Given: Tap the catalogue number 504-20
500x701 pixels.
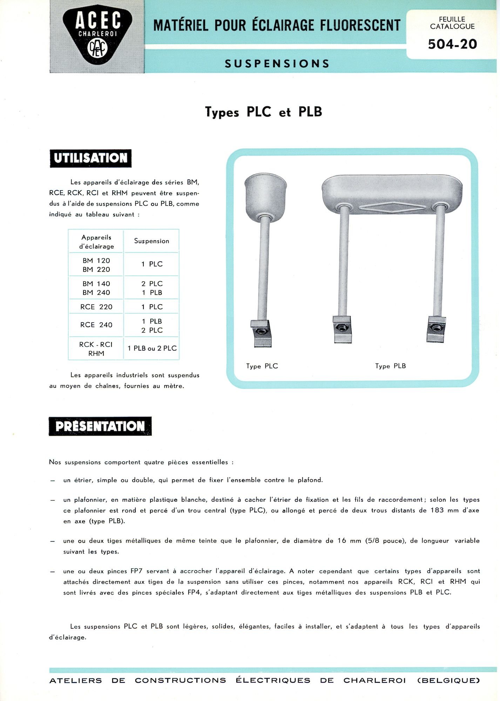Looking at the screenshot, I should coord(452,44).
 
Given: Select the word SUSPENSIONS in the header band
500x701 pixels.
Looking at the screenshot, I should coord(277,63).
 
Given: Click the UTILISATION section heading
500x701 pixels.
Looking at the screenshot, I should coord(90,158).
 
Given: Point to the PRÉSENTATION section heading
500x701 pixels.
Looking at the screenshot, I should coord(100,426).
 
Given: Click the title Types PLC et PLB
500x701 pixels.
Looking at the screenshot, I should coord(263,112).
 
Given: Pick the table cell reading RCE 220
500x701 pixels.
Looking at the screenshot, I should coord(96,307).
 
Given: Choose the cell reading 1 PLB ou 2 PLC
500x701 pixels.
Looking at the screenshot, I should coord(152,348).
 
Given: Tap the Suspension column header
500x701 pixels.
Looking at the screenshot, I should coord(151,241).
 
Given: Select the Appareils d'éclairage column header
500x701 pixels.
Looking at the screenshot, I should coord(96,242).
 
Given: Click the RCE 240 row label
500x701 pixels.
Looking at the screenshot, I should coord(96,325).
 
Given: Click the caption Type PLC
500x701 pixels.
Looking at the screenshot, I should coord(262,366).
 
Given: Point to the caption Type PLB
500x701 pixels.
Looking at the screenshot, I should coord(390,366).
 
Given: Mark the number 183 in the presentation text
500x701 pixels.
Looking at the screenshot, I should coord(437,510).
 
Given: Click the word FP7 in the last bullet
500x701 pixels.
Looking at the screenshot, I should coord(136,571).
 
